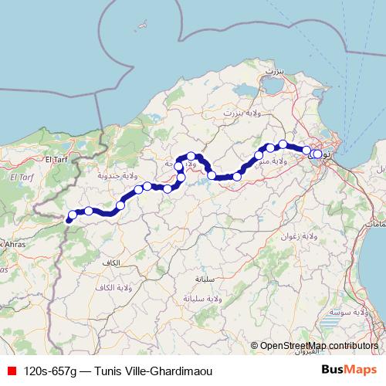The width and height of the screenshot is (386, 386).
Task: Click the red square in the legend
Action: (11, 371)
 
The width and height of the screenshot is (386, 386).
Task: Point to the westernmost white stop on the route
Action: (73, 215)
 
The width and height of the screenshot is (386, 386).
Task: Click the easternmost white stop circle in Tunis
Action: (317, 154)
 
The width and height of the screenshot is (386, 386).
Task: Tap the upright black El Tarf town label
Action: (58, 159)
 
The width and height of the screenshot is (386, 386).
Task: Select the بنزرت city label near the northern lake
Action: (274, 69)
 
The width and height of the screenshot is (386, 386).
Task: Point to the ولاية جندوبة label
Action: (96, 176)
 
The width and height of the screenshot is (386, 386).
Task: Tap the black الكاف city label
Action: (110, 263)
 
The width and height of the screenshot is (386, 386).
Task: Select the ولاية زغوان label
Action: (296, 235)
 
